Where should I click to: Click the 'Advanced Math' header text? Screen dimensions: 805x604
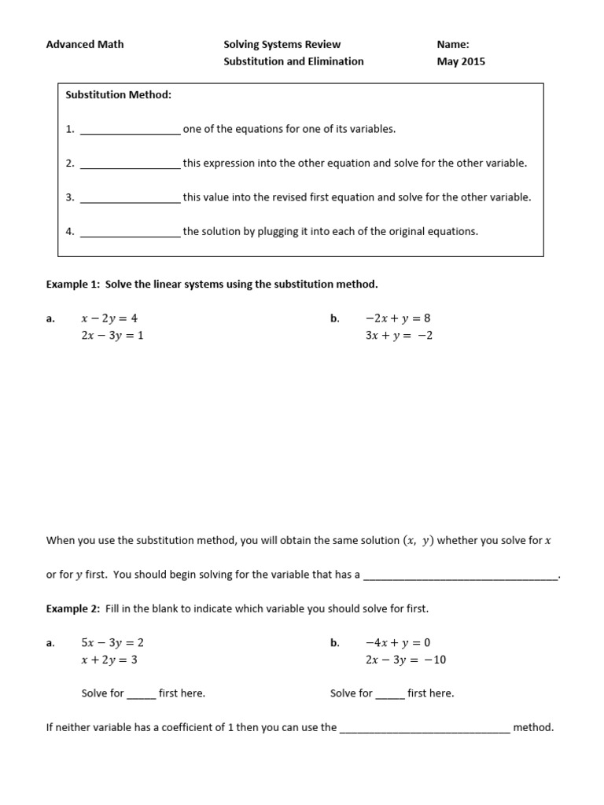click(x=85, y=44)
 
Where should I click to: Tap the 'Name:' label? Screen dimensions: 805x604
click(x=453, y=44)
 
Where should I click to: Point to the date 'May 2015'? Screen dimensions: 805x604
click(x=461, y=61)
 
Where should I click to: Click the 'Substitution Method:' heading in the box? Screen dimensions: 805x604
click(x=119, y=95)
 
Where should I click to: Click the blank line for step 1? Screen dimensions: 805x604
click(x=131, y=130)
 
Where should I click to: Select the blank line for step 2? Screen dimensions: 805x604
click(x=131, y=165)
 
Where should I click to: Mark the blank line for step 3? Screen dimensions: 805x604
click(x=131, y=199)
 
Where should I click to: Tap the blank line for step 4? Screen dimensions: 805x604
click(x=131, y=233)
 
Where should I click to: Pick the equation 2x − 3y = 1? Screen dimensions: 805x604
click(x=112, y=335)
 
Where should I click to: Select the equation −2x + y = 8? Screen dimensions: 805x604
click(x=398, y=318)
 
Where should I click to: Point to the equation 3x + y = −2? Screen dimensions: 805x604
click(x=400, y=335)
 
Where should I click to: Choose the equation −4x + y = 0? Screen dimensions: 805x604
click(x=398, y=642)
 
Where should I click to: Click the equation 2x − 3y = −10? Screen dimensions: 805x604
click(x=406, y=660)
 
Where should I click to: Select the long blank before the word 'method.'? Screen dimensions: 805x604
click(x=425, y=730)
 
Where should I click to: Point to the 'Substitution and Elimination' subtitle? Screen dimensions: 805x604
click(x=294, y=61)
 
